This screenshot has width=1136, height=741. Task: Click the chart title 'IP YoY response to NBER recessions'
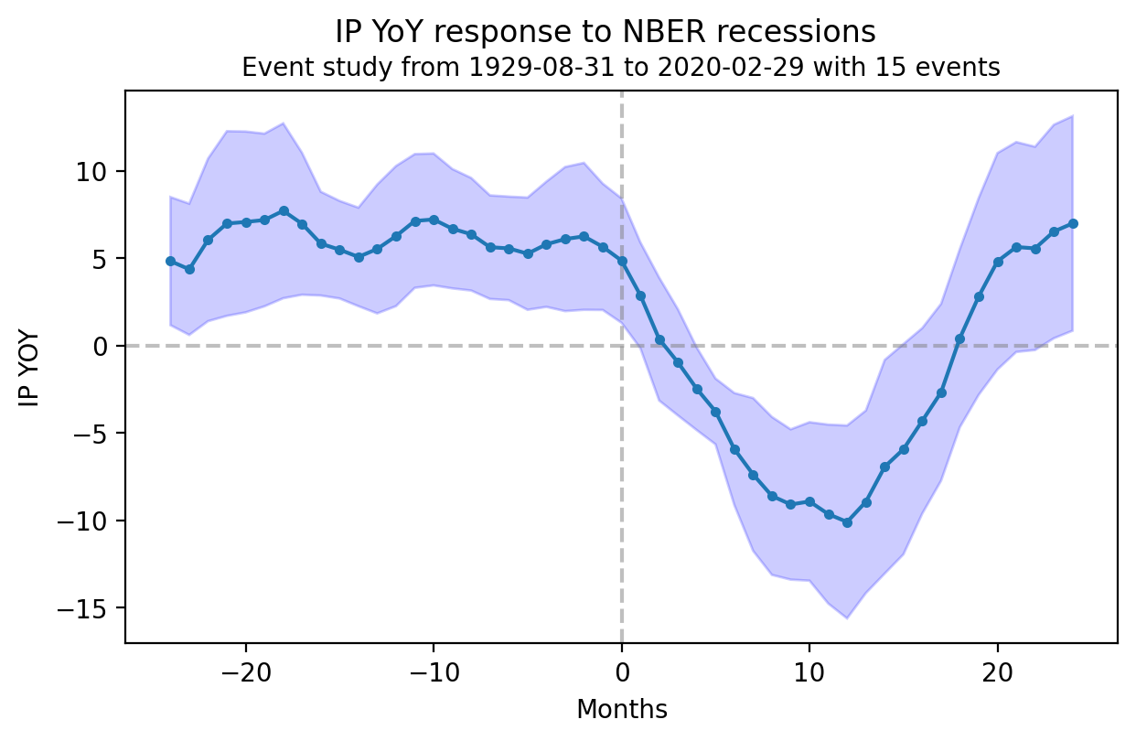tap(606, 32)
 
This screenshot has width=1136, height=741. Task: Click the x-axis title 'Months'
tap(621, 709)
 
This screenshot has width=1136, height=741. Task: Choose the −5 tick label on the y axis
tap(95, 434)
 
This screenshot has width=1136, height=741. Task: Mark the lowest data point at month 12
tap(847, 522)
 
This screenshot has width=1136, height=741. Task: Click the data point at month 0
tap(622, 261)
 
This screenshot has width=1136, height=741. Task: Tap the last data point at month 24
tap(1072, 223)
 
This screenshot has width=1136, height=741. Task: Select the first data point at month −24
tap(170, 261)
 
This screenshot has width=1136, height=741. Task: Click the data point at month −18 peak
tap(284, 210)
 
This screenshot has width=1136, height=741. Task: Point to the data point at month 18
tap(959, 338)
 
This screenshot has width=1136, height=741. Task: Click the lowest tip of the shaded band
tap(847, 617)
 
